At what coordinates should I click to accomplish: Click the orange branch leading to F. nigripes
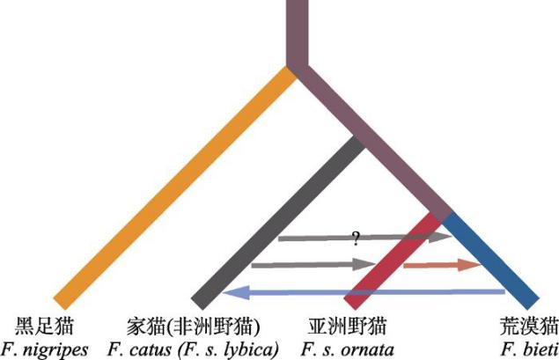(176, 185)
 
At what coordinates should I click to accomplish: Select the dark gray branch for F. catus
(282, 220)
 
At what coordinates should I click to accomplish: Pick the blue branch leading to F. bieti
(493, 255)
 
